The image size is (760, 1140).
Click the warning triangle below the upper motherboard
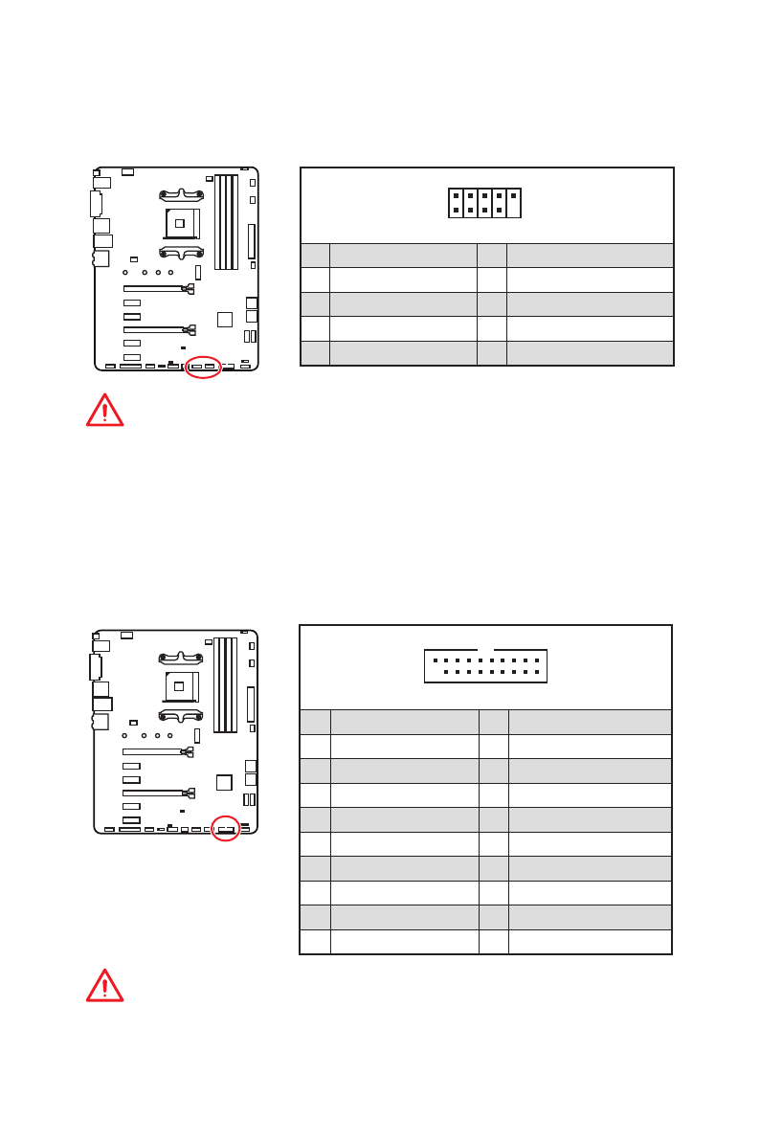104,410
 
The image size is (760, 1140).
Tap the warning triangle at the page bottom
104,985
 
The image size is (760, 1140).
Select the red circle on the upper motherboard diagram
203,367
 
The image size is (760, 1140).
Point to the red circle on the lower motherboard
225,830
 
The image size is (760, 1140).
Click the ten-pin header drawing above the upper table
484,203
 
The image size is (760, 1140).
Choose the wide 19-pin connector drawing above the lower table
485,665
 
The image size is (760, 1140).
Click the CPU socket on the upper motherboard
181,223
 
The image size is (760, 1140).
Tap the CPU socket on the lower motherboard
180,686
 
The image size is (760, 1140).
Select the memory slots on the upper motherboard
225,222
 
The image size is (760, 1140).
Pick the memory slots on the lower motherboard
225,685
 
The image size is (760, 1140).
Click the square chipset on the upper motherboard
224,319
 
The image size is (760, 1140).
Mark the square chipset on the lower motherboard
224,782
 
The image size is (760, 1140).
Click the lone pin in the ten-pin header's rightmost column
514,195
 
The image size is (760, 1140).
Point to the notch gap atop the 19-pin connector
485,651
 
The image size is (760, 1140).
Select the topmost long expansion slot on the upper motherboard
156,288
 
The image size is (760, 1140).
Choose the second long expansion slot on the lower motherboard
155,793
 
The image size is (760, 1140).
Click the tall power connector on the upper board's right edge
252,241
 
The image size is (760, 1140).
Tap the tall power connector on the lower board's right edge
251,704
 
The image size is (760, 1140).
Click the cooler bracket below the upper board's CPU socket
181,254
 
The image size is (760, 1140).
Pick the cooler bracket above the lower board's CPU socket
181,657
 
